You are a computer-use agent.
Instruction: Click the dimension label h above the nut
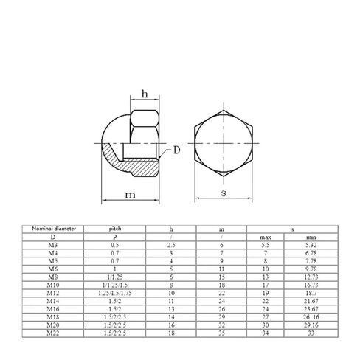pos(145,94)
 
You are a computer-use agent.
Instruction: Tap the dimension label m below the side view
pos(130,195)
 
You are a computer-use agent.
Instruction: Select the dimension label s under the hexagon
pos(224,193)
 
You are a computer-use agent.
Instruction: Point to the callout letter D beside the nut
pos(177,150)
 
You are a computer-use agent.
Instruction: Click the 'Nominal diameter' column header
pos(54,229)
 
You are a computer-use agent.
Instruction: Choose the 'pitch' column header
pos(115,229)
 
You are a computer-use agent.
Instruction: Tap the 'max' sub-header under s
pos(266,238)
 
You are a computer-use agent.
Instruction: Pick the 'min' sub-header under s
pos(311,238)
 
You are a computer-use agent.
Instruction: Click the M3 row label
pos(53,245)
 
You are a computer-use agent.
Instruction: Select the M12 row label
pos(53,293)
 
